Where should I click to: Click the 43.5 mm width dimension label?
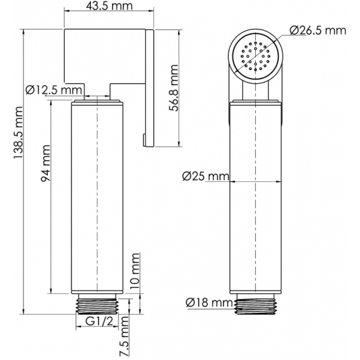pos(109,9)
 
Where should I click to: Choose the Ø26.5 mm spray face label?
pos(317,29)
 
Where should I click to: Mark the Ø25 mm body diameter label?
pos(205,176)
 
